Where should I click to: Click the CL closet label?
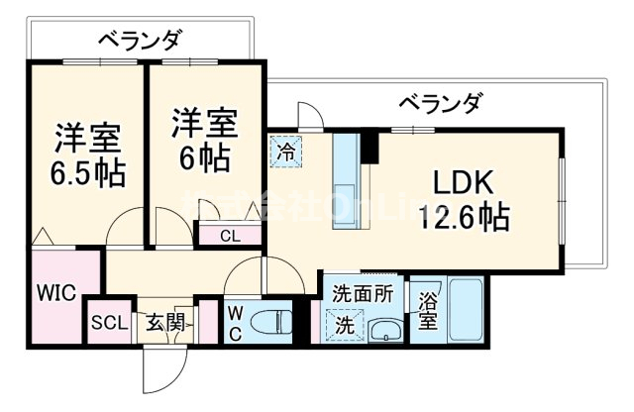coord(229,236)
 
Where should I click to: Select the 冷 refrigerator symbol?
coord(285,154)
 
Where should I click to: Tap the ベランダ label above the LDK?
coord(441,101)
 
